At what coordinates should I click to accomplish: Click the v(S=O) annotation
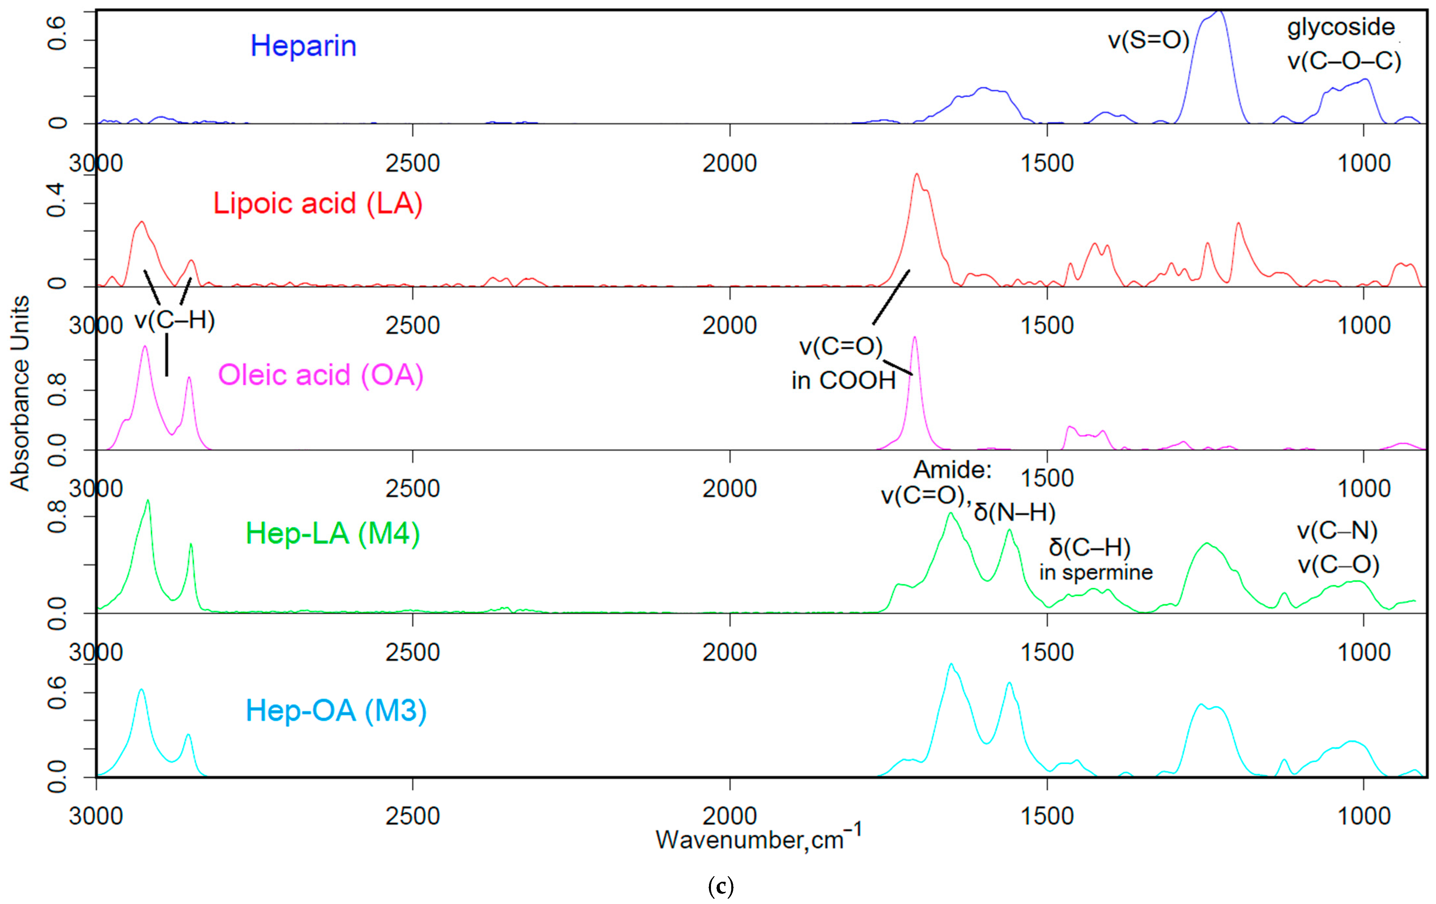[1148, 41]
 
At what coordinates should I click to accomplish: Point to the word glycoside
[1340, 27]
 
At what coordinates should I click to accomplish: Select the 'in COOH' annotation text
[843, 380]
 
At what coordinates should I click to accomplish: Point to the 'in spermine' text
[1095, 572]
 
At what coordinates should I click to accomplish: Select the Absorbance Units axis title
[20, 393]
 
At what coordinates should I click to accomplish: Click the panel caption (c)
[720, 886]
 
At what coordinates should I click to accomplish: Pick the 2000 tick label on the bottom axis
[729, 816]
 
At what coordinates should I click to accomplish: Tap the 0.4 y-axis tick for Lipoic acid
[57, 200]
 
